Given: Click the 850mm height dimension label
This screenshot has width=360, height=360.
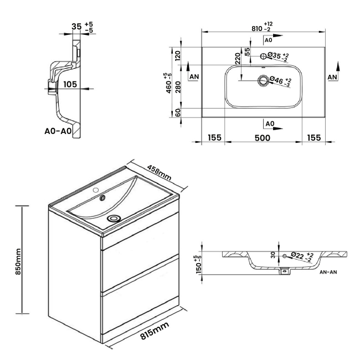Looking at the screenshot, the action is (x=18, y=261).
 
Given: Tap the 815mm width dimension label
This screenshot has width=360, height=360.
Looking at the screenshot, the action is (x=155, y=331).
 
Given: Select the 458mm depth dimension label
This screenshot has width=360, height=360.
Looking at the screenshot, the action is (x=159, y=172).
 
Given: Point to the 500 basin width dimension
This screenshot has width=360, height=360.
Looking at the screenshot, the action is (x=263, y=138).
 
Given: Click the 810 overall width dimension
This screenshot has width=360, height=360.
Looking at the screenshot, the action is (x=257, y=28).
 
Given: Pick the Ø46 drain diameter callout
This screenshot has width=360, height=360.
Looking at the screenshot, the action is (x=279, y=81).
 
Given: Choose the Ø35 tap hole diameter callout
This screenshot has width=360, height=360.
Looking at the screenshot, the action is (x=278, y=56).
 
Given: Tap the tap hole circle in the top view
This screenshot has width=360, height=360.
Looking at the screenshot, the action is (x=263, y=56).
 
